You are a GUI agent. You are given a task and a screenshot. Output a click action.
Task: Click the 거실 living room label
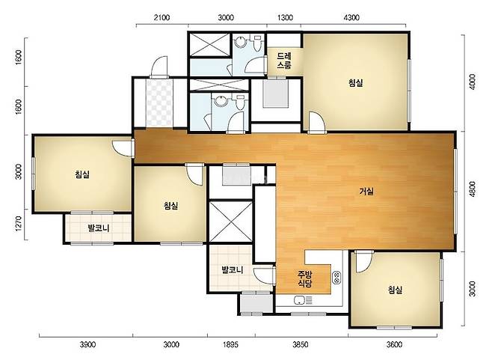[366, 191]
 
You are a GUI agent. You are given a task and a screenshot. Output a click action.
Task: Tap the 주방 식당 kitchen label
[304, 279]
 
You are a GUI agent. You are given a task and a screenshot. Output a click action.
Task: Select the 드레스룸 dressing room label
[284, 61]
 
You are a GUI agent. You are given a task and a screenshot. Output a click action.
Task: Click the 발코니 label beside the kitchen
[233, 270]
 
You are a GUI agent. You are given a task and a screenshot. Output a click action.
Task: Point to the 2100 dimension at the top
[162, 18]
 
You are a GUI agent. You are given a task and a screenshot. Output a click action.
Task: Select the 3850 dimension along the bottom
[301, 344]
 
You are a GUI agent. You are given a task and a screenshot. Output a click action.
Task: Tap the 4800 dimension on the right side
[473, 189]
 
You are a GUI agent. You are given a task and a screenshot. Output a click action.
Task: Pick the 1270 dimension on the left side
[19, 224]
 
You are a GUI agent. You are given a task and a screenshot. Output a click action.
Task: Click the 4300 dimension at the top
[351, 18]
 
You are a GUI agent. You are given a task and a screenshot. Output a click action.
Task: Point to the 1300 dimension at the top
[285, 18]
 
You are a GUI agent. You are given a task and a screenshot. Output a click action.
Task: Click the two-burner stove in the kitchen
[336, 278]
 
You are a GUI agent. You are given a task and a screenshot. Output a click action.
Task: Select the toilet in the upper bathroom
[257, 43]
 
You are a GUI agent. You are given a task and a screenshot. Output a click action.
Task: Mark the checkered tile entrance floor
[159, 103]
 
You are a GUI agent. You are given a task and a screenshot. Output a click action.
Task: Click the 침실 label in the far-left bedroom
[82, 174]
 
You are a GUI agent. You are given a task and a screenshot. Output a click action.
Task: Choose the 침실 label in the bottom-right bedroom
[395, 290]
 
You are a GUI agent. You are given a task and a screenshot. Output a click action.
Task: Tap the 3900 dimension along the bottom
[87, 344]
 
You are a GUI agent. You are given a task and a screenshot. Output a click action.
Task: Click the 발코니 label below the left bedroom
[99, 228]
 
